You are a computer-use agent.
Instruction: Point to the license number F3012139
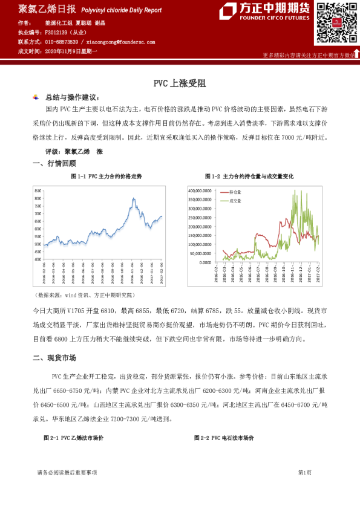point(57,32)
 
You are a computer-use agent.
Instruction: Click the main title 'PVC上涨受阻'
point(180,84)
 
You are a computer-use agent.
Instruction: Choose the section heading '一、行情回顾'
point(54,163)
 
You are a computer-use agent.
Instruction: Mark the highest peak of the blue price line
point(133,198)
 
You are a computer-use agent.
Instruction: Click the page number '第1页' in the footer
point(304,472)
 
